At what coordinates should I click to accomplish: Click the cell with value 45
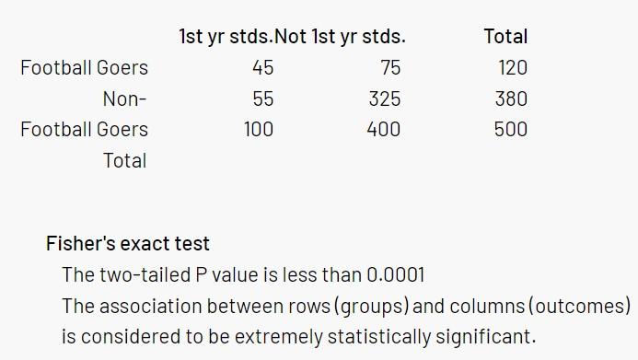click(x=262, y=67)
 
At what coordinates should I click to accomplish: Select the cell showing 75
click(x=389, y=67)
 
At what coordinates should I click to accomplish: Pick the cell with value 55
click(x=262, y=99)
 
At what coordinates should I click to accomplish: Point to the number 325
click(x=384, y=99)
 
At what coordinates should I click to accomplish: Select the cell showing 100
click(x=258, y=129)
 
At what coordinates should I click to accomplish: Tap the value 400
click(x=383, y=129)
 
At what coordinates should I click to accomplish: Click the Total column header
click(x=505, y=37)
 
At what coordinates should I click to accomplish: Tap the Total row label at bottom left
click(x=124, y=160)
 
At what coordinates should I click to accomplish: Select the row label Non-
click(x=124, y=99)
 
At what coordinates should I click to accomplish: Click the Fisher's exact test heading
click(x=128, y=244)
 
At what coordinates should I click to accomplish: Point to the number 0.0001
click(x=396, y=274)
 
